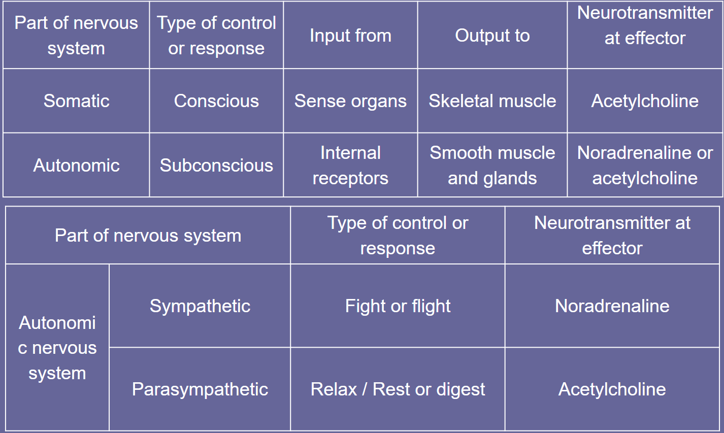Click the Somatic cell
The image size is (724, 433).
[x=76, y=101]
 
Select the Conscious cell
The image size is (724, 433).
[x=216, y=101]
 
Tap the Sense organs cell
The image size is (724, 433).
[x=350, y=101]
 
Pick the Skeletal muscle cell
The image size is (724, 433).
[x=492, y=101]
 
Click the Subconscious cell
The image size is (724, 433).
[x=216, y=165]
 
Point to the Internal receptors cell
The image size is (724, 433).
[x=350, y=165]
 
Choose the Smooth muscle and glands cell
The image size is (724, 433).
[x=492, y=165]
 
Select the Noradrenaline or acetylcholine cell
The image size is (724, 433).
[x=645, y=165]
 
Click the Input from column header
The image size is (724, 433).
[x=350, y=36]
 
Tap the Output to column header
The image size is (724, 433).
[x=492, y=36]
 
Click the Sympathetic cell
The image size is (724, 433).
[x=200, y=306]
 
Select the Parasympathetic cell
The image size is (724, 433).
[x=200, y=389]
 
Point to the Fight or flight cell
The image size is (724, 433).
[x=398, y=306]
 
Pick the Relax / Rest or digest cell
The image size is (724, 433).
[x=398, y=389]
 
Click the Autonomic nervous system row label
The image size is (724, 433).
[x=57, y=347]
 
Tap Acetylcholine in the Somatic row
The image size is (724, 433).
[x=645, y=101]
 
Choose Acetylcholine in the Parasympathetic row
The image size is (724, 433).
[x=612, y=389]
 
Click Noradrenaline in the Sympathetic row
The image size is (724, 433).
[x=612, y=306]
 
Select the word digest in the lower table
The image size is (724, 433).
[x=460, y=389]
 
